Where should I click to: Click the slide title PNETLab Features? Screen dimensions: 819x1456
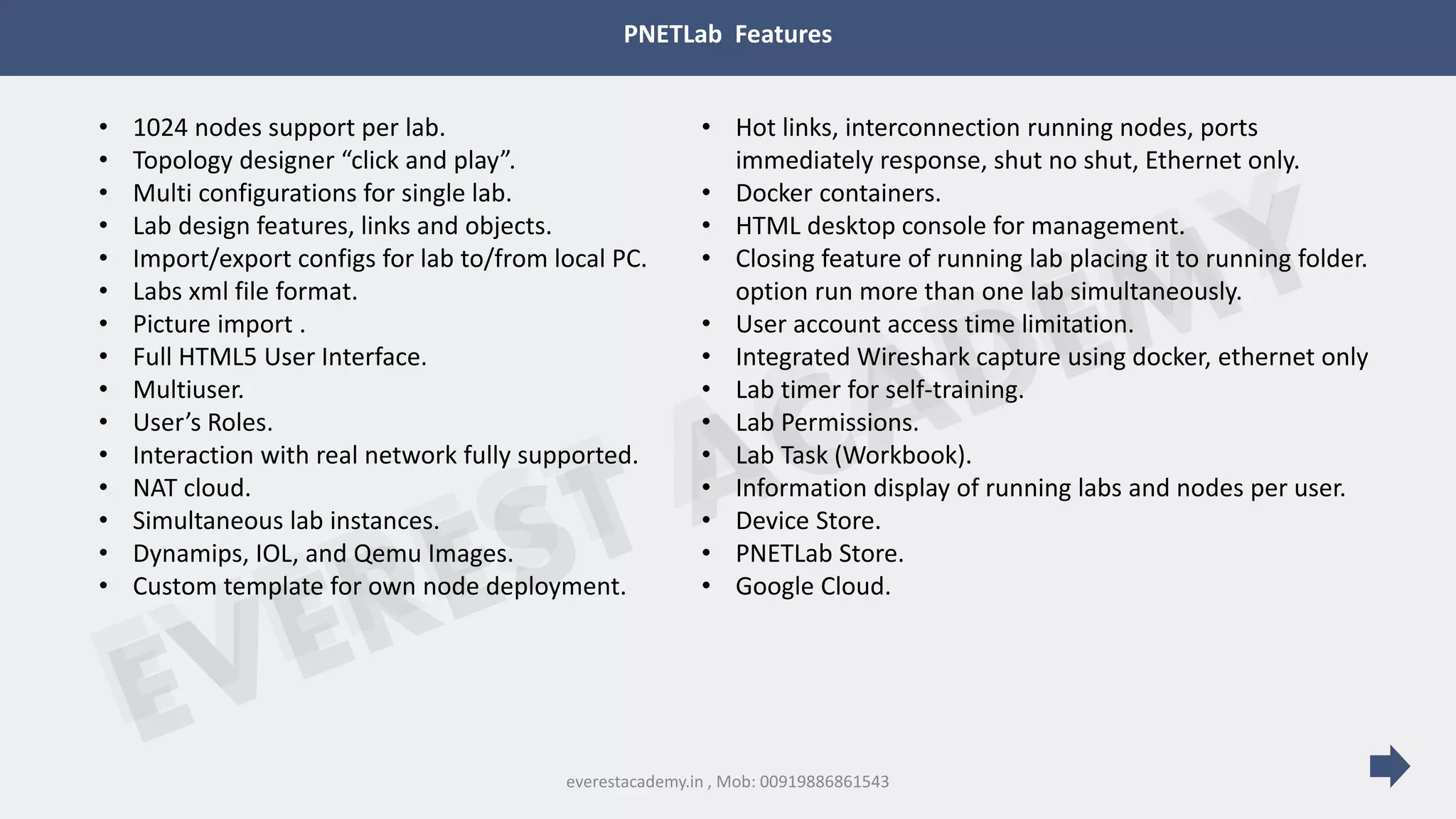click(727, 34)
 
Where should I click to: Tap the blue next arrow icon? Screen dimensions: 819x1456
click(1389, 766)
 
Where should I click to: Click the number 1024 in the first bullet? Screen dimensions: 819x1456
click(160, 128)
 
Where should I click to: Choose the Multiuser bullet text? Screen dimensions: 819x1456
click(188, 390)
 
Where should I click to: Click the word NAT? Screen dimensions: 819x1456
click(156, 488)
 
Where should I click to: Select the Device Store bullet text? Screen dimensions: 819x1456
click(808, 521)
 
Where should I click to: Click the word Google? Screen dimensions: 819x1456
click(775, 587)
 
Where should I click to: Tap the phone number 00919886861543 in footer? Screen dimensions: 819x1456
click(824, 782)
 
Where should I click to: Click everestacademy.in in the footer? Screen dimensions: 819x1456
click(634, 782)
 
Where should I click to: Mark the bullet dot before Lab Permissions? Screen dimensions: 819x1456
click(706, 422)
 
